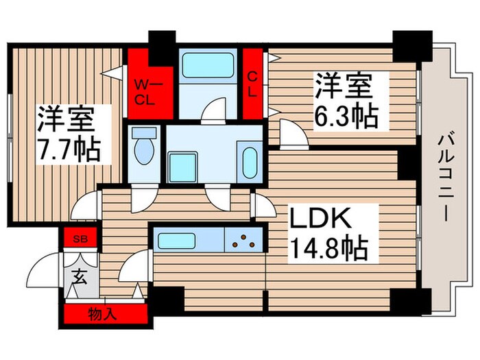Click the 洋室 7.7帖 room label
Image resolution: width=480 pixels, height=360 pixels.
point(67,132)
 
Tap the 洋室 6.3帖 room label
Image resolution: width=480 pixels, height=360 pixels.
point(346,101)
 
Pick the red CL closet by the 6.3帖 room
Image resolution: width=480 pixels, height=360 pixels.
point(252,84)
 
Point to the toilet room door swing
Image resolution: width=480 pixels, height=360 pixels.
point(144,199)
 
